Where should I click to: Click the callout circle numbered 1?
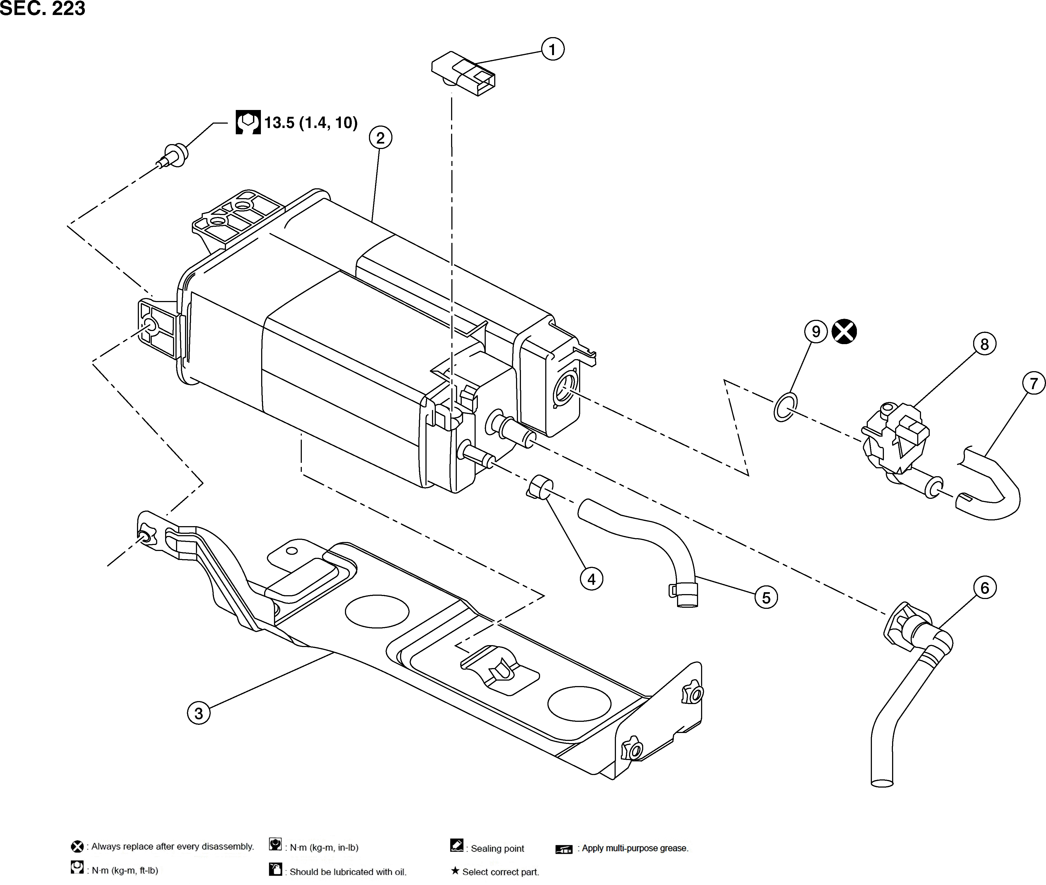(x=552, y=49)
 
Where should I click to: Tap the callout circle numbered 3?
(x=199, y=713)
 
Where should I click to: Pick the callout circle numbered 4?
(x=591, y=579)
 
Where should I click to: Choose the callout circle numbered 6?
(x=984, y=588)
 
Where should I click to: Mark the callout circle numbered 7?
(x=1033, y=383)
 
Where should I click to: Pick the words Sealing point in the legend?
(x=497, y=848)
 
